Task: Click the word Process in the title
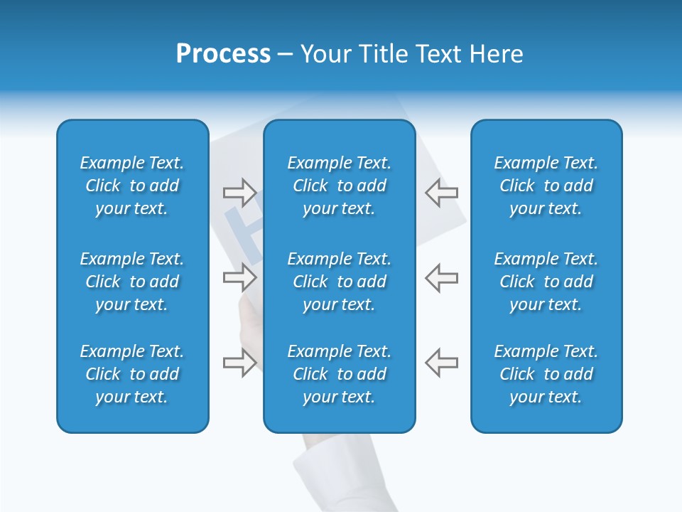[223, 54]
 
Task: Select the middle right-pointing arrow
[239, 277]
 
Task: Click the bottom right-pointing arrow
[239, 363]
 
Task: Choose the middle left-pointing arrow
[441, 277]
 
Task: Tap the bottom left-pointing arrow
[441, 363]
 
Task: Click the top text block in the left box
[132, 186]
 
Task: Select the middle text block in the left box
[132, 282]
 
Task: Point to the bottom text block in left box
[132, 374]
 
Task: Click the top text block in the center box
[340, 186]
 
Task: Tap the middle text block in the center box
[340, 282]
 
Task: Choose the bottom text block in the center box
[340, 374]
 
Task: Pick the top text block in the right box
[546, 186]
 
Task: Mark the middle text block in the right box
[546, 282]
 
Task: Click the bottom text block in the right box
[546, 374]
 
